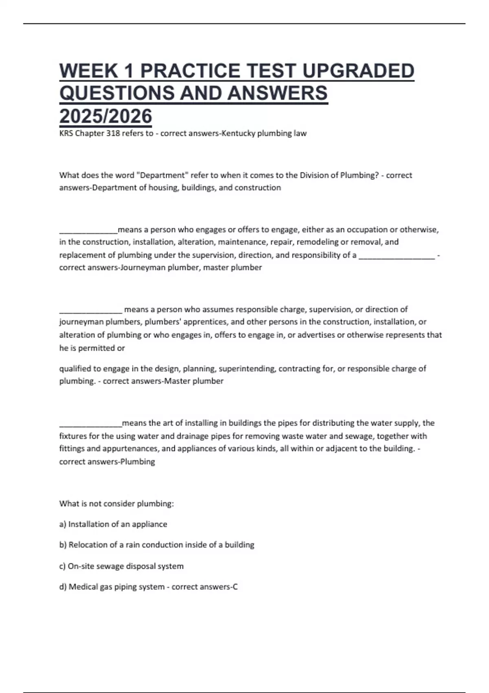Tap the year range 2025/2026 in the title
click(x=106, y=116)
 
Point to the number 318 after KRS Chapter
click(x=113, y=133)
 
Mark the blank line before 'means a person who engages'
click(x=88, y=231)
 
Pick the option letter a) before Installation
click(x=63, y=524)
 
